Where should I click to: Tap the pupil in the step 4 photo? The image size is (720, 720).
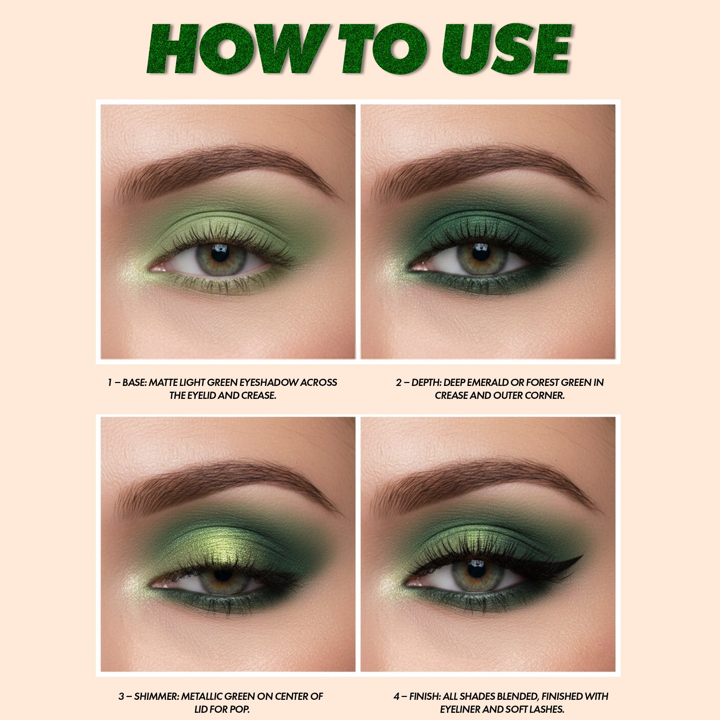click(476, 571)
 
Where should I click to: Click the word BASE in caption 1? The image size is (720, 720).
click(134, 382)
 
